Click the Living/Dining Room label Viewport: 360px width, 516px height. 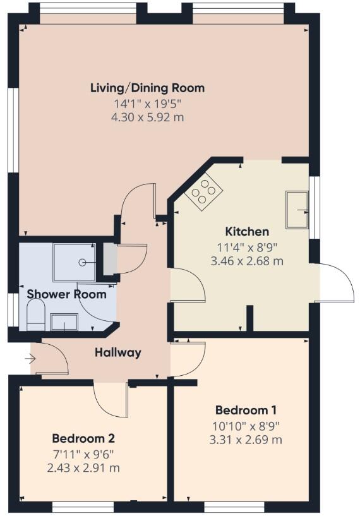[147, 88]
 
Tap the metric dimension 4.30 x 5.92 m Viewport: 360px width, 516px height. [148, 117]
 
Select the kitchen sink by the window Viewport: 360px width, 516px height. [296, 209]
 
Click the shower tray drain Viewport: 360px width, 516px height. [81, 261]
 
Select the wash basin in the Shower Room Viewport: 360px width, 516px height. [64, 322]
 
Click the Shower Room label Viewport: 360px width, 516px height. [66, 294]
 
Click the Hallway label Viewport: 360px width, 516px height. [118, 352]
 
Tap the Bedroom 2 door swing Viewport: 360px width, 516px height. [110, 400]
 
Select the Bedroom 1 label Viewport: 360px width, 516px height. [246, 409]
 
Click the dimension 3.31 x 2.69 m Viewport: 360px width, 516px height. [246, 439]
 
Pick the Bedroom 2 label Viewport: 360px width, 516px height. [83, 438]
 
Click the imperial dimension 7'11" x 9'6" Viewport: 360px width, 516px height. [83, 453]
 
